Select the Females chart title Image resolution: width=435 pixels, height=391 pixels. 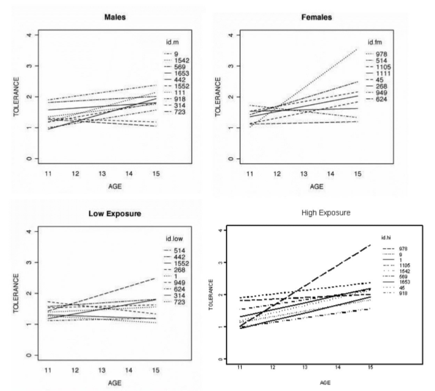tap(317, 17)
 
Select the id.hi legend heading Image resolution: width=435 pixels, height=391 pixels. tap(387, 238)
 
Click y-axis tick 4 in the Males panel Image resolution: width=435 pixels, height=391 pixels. tap(29, 35)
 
